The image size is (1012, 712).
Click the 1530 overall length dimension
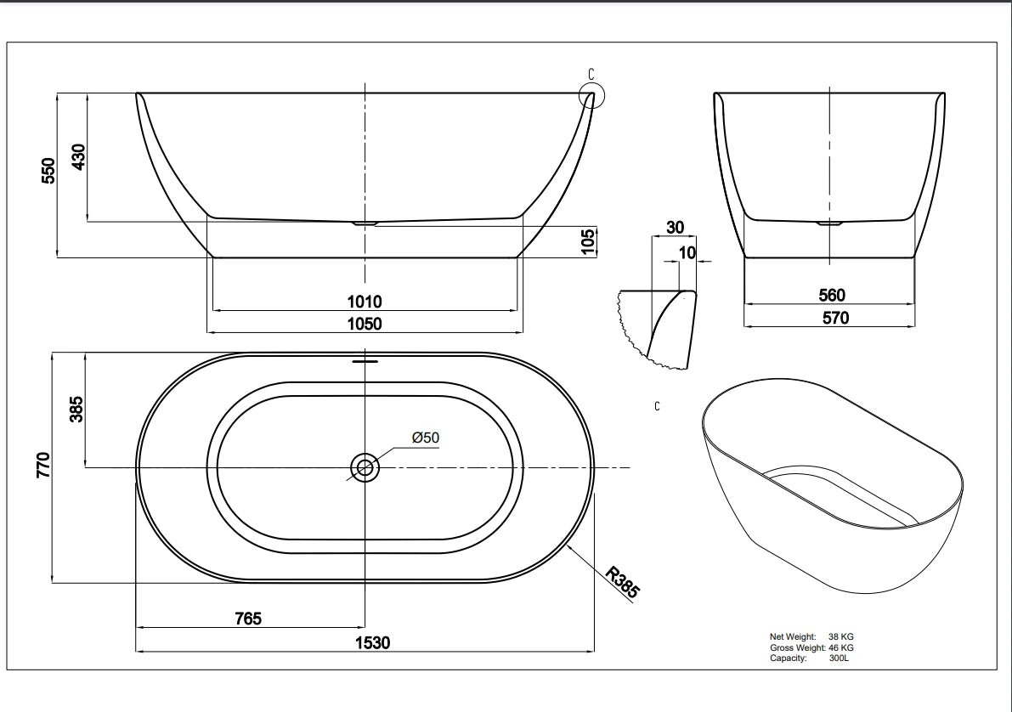tap(372, 642)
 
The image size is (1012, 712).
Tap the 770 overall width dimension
tap(43, 466)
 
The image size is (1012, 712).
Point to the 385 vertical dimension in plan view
tap(75, 410)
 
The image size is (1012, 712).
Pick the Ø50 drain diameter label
tap(425, 437)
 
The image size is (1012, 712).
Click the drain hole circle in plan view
tap(365, 466)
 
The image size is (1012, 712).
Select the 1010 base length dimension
tap(365, 301)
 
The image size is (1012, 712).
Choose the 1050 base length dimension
tap(365, 323)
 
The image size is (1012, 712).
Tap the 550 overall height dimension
tap(48, 170)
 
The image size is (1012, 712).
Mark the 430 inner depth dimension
tap(77, 157)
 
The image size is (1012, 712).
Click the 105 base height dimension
tap(587, 240)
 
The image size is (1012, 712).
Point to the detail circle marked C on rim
tap(591, 95)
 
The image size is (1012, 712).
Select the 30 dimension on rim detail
tap(675, 228)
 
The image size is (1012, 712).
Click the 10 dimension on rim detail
tap(687, 252)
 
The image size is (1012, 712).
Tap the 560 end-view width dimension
tap(831, 295)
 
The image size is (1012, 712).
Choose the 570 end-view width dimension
tap(831, 318)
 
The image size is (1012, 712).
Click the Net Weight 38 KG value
tap(840, 636)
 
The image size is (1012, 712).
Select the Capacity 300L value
tap(839, 658)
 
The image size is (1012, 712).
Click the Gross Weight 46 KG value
tap(840, 647)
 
